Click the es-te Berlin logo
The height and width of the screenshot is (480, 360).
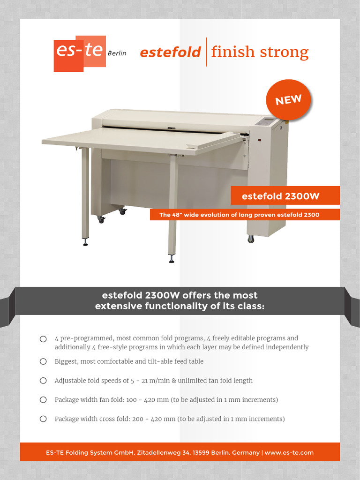pyautogui.click(x=80, y=53)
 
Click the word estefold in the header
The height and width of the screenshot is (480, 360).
pyautogui.click(x=171, y=52)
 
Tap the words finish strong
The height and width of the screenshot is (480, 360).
pyautogui.click(x=260, y=52)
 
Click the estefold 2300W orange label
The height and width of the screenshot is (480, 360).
pyautogui.click(x=280, y=196)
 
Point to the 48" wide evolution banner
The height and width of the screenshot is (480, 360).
pyautogui.click(x=239, y=215)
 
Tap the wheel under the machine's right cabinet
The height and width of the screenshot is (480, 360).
pyautogui.click(x=251, y=239)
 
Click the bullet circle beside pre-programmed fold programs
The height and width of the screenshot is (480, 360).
pyautogui.click(x=43, y=338)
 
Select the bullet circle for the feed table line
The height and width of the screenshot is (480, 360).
pyautogui.click(x=43, y=361)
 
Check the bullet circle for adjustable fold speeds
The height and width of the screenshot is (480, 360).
pyautogui.click(x=43, y=381)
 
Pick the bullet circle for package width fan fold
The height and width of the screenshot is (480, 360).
pyautogui.click(x=43, y=400)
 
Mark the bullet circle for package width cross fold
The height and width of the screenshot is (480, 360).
pyautogui.click(x=43, y=419)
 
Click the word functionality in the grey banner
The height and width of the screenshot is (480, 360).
pyautogui.click(x=172, y=307)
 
